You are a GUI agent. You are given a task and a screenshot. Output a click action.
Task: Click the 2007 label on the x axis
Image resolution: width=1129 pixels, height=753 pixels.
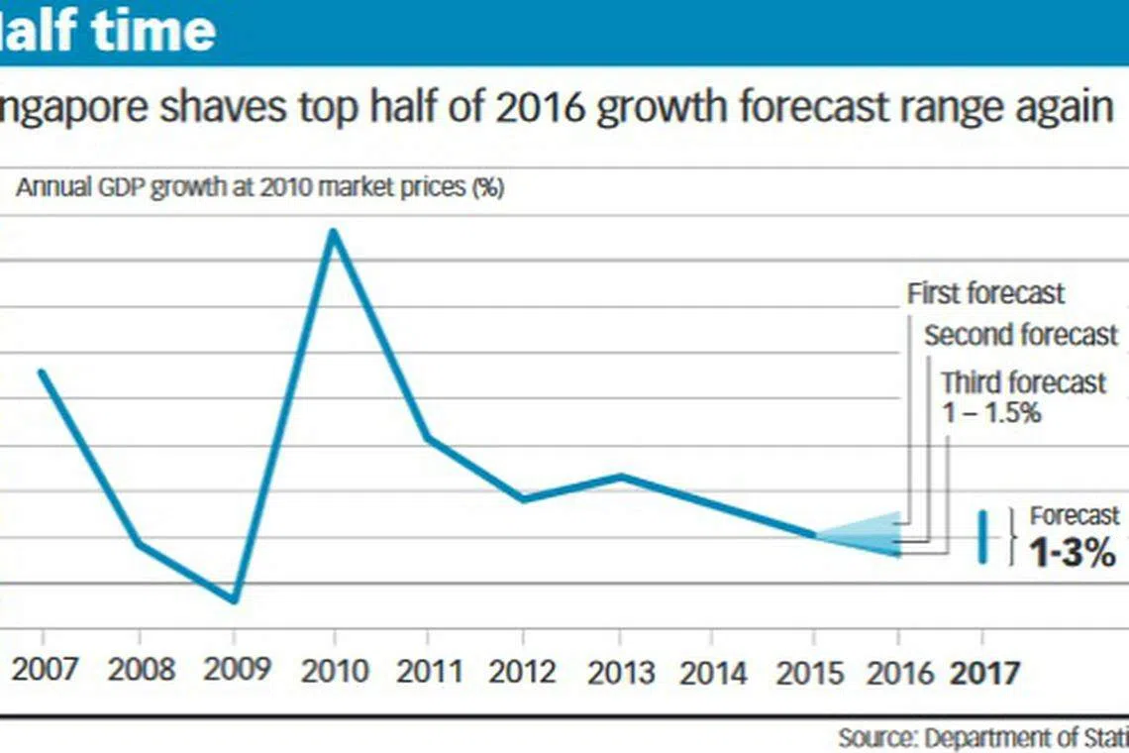point(44,671)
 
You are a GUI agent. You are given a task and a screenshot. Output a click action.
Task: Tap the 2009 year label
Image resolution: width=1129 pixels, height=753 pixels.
point(236,671)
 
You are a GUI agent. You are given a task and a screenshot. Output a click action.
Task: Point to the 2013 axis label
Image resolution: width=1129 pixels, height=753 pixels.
point(622,672)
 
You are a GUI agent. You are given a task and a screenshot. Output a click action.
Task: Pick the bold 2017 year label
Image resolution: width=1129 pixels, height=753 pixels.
point(985,673)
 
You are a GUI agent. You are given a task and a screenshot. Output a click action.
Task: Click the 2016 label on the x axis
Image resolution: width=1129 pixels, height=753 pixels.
point(899,673)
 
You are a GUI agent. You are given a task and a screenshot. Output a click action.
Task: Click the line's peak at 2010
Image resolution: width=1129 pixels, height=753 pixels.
point(334,233)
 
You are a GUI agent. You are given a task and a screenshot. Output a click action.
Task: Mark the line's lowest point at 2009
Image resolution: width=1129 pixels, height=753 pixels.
point(235,599)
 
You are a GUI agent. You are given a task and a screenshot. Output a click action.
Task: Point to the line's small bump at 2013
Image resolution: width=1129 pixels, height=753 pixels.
point(622,477)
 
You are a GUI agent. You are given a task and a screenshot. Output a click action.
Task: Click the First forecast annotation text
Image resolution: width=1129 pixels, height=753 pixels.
point(985,293)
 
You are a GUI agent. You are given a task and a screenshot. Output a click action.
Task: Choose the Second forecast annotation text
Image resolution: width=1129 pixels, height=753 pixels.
point(1021,336)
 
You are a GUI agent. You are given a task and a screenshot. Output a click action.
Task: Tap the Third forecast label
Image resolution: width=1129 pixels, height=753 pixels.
point(1023,382)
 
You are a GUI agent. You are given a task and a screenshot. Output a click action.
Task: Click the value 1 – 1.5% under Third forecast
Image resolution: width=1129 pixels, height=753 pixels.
point(991,412)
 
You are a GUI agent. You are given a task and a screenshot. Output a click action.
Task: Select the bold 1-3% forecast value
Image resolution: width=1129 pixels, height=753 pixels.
point(1073,553)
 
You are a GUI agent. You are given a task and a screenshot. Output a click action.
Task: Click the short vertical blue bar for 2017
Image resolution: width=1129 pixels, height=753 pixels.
point(983,538)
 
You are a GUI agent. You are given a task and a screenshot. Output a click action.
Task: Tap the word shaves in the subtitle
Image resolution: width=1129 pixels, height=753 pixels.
point(220,108)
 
